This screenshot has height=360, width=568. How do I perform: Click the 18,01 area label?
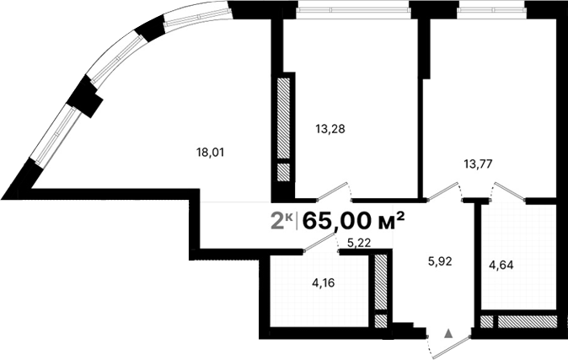point(211,153)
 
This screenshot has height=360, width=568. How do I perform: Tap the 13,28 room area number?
point(330,129)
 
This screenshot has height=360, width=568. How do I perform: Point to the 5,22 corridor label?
point(358,243)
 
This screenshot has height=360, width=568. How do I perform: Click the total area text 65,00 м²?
point(354,221)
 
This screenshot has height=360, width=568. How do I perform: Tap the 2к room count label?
point(281,221)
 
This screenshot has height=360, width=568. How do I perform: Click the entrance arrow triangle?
point(448,334)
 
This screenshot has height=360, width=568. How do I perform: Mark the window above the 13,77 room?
point(494,11)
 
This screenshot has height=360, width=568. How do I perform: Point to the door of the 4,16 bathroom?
point(319,242)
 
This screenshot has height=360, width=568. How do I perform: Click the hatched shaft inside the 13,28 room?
point(284,118)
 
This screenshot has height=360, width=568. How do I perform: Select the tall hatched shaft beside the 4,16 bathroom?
point(381,282)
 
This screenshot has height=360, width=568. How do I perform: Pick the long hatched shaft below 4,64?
point(527,321)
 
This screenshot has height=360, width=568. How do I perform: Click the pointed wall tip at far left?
point(7,195)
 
